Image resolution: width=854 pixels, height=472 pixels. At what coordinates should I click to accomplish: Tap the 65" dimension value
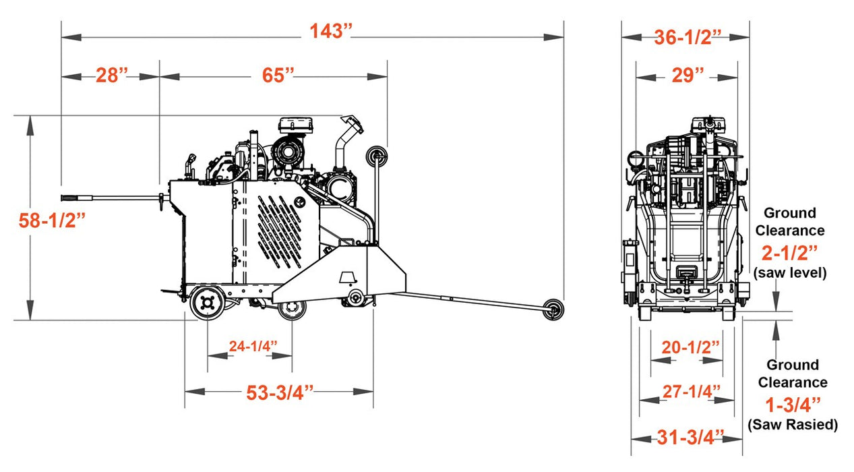tap(278, 75)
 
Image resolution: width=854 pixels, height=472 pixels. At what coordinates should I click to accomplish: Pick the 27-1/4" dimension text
tap(688, 391)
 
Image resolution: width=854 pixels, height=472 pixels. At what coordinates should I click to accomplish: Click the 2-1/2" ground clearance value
tap(789, 254)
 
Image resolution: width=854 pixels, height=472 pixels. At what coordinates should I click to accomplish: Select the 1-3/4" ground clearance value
tap(793, 405)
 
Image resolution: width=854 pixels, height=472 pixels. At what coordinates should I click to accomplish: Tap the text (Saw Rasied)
tap(792, 425)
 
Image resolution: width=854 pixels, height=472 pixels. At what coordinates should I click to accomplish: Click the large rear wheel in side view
tap(207, 303)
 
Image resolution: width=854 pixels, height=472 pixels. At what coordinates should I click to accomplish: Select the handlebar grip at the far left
tap(72, 198)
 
